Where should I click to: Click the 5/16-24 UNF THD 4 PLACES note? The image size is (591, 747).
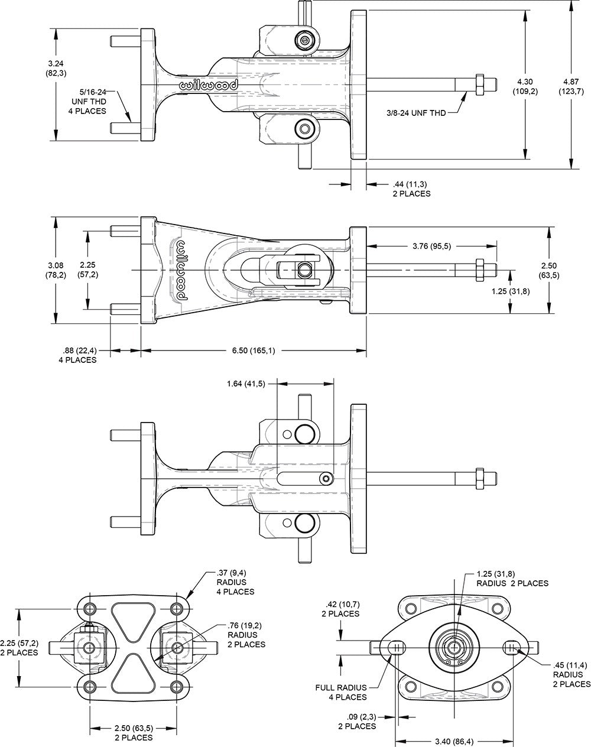click(93, 101)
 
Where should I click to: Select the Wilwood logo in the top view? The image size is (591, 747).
click(209, 86)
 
